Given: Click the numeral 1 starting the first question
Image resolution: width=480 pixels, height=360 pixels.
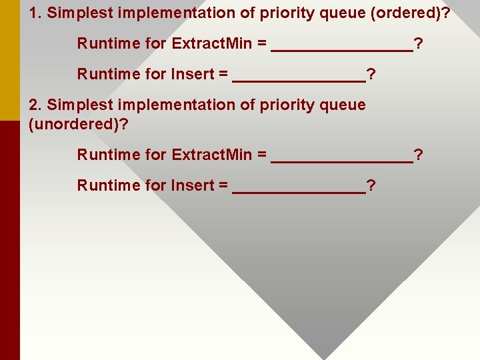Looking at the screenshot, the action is (33, 13).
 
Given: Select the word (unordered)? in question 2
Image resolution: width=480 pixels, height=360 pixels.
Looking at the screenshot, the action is (78, 123).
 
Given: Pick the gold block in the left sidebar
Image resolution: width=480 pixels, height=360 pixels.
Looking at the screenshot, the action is (10, 60).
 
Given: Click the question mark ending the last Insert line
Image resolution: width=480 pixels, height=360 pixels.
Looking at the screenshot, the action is (371, 185).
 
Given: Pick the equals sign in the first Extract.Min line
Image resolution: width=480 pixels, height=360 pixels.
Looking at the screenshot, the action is (262, 44).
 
